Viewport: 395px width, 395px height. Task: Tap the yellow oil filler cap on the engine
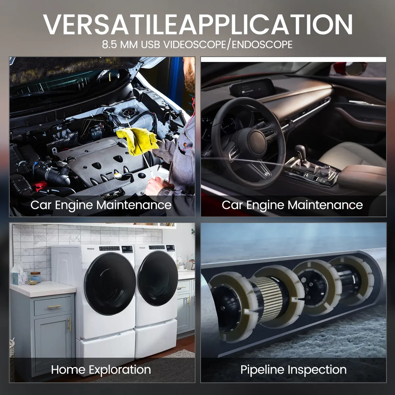118,175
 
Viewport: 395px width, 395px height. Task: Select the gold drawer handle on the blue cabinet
54,307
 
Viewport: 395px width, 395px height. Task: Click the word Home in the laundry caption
68,370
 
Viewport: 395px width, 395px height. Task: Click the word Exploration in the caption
120,370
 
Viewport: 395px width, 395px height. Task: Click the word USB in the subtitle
150,45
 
